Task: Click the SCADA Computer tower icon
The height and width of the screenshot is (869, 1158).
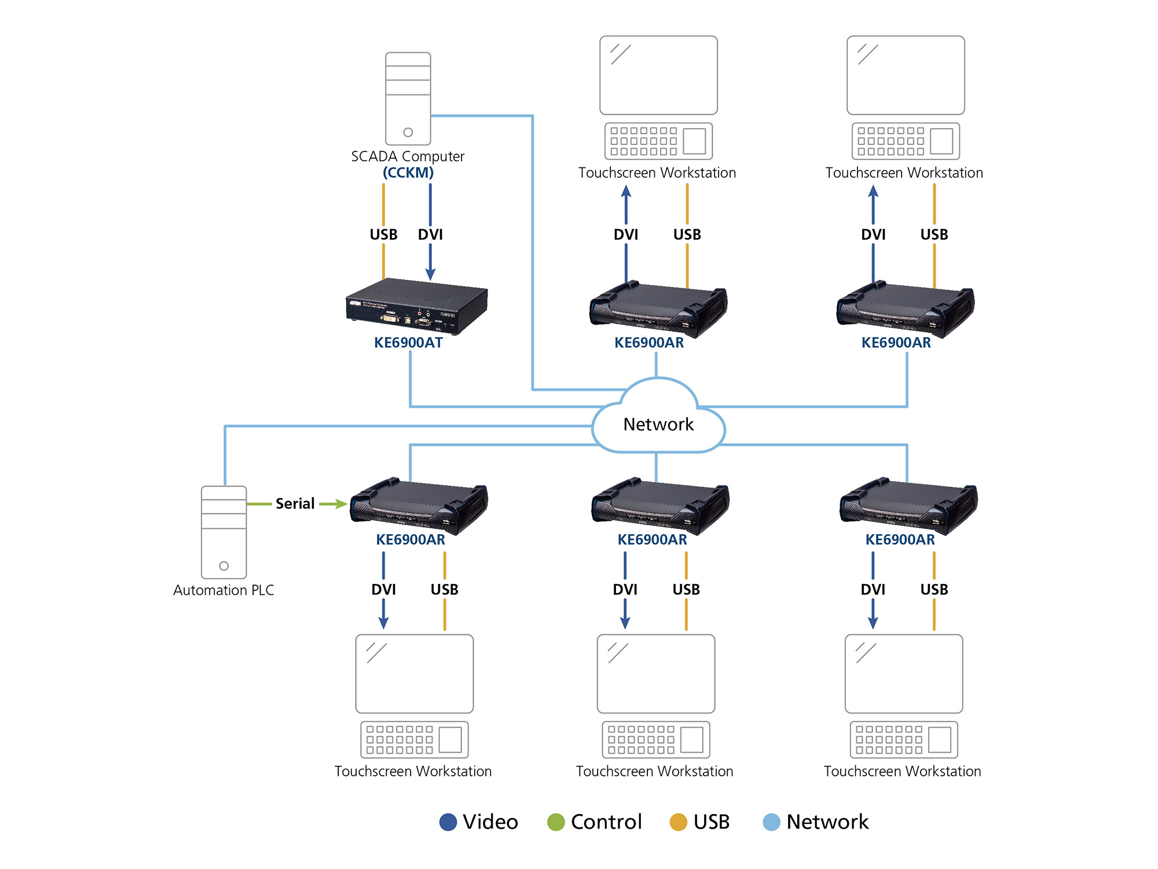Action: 408,98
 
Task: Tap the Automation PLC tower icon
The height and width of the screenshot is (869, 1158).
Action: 223,532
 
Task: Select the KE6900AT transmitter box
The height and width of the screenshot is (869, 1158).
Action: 416,306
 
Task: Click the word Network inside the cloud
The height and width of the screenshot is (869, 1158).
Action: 658,425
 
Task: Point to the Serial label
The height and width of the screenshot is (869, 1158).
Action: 295,504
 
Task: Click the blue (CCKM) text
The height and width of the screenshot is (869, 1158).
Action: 408,173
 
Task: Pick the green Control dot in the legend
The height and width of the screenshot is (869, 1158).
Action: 556,822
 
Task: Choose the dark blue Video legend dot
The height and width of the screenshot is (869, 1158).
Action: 448,822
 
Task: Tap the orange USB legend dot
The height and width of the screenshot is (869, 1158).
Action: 678,822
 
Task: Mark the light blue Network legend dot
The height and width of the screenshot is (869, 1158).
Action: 771,822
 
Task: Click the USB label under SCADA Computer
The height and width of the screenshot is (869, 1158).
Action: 383,235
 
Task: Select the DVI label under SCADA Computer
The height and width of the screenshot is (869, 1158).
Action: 430,235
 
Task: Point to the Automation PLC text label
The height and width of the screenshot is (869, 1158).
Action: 223,590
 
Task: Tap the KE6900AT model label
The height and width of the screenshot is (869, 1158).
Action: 408,343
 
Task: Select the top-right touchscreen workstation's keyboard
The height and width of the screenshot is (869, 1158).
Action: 906,141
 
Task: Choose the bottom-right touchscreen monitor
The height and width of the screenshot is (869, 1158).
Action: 904,674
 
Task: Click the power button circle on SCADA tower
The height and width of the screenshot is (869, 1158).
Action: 408,132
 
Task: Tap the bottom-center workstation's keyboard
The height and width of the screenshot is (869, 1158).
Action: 656,740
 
